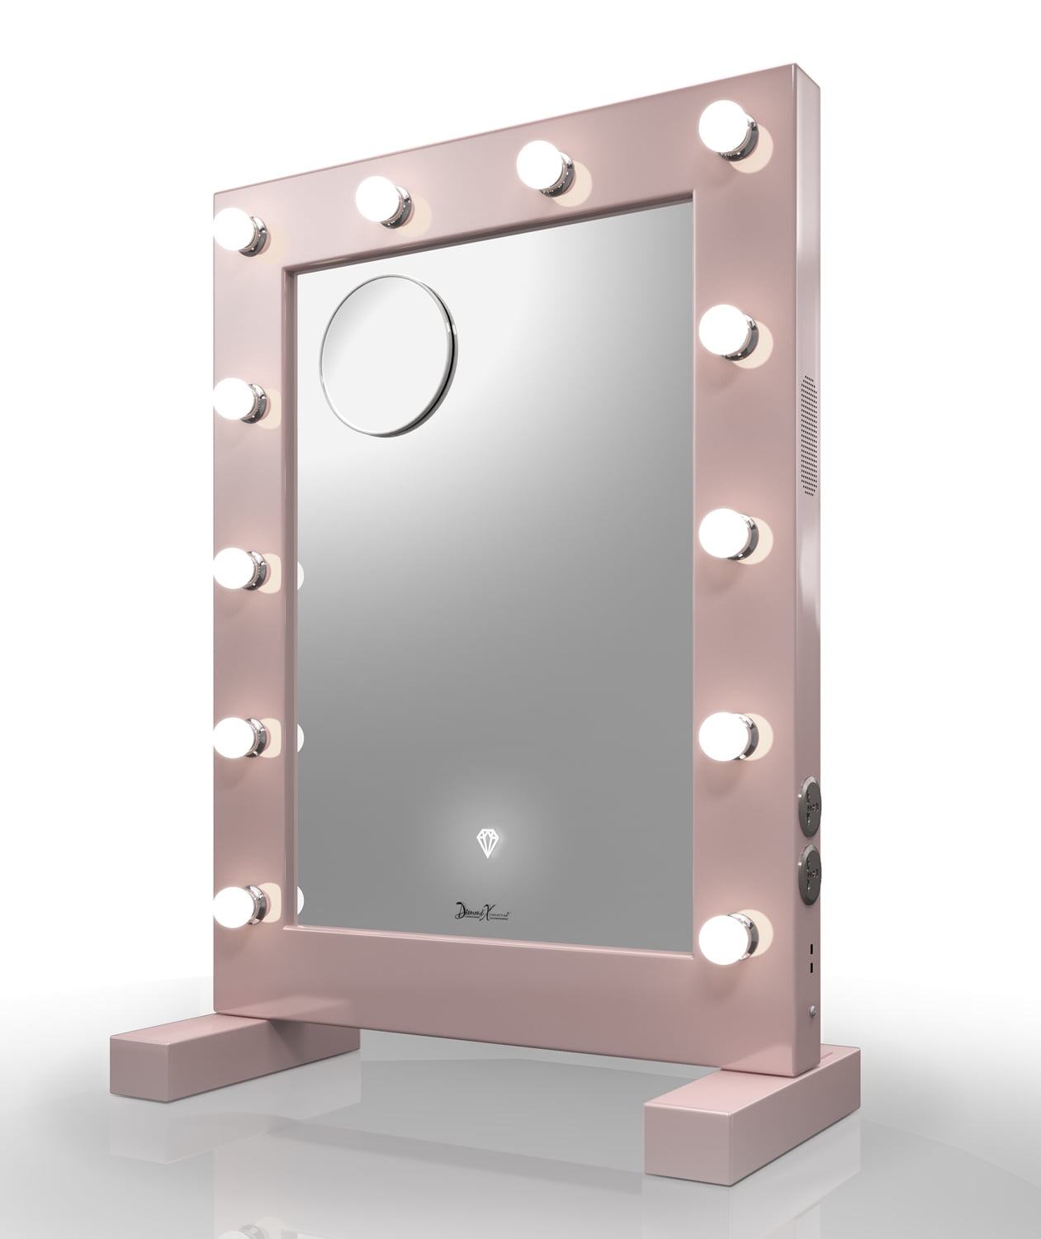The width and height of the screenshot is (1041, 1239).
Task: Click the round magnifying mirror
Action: point(388,354)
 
